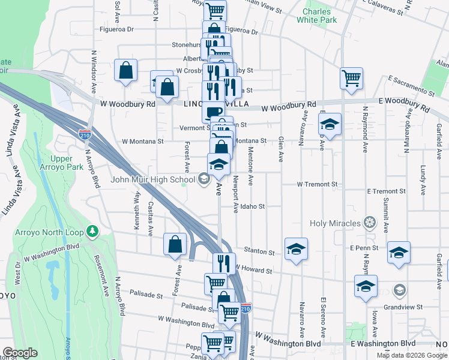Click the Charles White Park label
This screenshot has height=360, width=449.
click(x=316, y=16)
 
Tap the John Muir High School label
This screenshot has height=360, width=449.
click(x=152, y=179)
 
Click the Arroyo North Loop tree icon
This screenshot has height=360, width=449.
click(x=92, y=230)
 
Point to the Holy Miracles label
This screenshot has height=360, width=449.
click(x=336, y=224)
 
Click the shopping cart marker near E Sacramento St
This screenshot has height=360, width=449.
click(x=351, y=78)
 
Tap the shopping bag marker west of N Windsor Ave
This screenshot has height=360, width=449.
click(x=126, y=71)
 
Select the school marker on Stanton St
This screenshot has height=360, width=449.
click(x=296, y=248)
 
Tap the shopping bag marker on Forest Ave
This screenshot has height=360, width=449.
click(x=175, y=244)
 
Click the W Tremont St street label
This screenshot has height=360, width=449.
click(x=318, y=184)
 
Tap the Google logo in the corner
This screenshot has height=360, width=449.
click(x=20, y=352)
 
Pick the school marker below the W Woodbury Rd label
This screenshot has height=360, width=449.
click(x=330, y=124)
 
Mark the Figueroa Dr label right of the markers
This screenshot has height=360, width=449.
click(x=241, y=31)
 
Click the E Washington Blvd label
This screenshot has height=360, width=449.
click(x=383, y=343)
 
